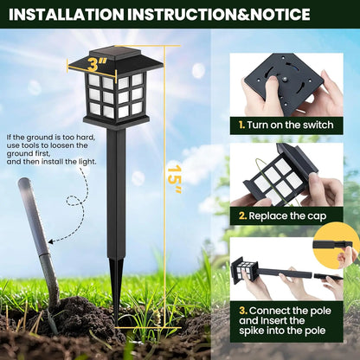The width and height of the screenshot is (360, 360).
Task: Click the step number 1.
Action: click(241, 125)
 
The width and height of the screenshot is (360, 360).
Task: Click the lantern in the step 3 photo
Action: click(249, 269)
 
